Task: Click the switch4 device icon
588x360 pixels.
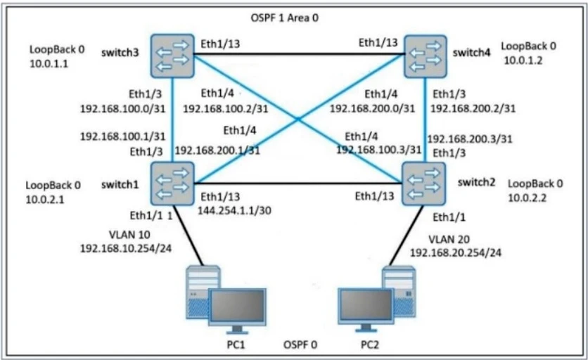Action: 426,55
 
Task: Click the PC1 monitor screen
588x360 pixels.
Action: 236,306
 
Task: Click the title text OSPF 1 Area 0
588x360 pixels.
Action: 285,16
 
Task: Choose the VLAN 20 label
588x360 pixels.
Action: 442,238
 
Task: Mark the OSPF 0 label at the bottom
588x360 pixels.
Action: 300,345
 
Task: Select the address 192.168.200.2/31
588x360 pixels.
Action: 473,108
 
